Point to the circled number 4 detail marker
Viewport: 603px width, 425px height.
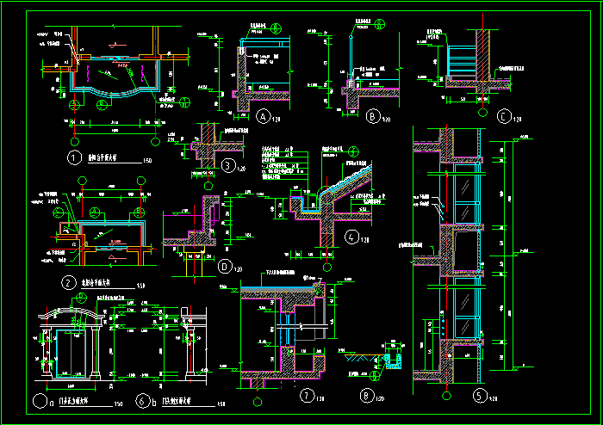(351, 237)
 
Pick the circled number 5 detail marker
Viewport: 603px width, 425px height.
(480, 397)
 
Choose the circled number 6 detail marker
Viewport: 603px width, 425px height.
(140, 401)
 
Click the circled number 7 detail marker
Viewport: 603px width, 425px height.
(308, 397)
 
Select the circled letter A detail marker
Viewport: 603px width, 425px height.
(264, 116)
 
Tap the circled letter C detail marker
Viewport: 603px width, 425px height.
(504, 116)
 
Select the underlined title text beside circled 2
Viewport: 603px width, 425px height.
(102, 283)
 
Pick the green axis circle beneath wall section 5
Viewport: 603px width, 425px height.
(445, 397)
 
